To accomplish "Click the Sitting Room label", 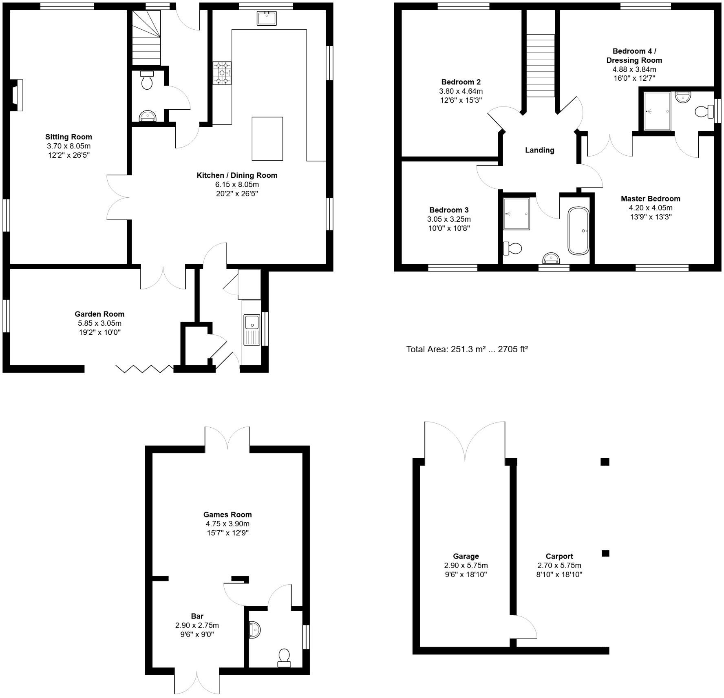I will (68, 137).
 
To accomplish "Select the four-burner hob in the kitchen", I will (222, 73).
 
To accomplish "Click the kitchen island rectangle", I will (267, 139).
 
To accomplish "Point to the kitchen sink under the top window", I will (267, 18).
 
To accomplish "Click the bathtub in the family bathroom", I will (578, 231).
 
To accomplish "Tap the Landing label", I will (539, 150).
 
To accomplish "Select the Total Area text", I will (467, 349).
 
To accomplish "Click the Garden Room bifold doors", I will (145, 369).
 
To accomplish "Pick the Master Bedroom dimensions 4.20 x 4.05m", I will (650, 208).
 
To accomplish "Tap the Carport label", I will (559, 556).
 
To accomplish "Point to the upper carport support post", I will (605, 462).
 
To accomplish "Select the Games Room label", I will (227, 515).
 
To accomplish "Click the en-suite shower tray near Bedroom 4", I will (657, 111).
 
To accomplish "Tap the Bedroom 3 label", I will (448, 210).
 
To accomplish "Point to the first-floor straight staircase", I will (541, 65).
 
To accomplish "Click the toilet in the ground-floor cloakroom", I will (146, 80).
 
